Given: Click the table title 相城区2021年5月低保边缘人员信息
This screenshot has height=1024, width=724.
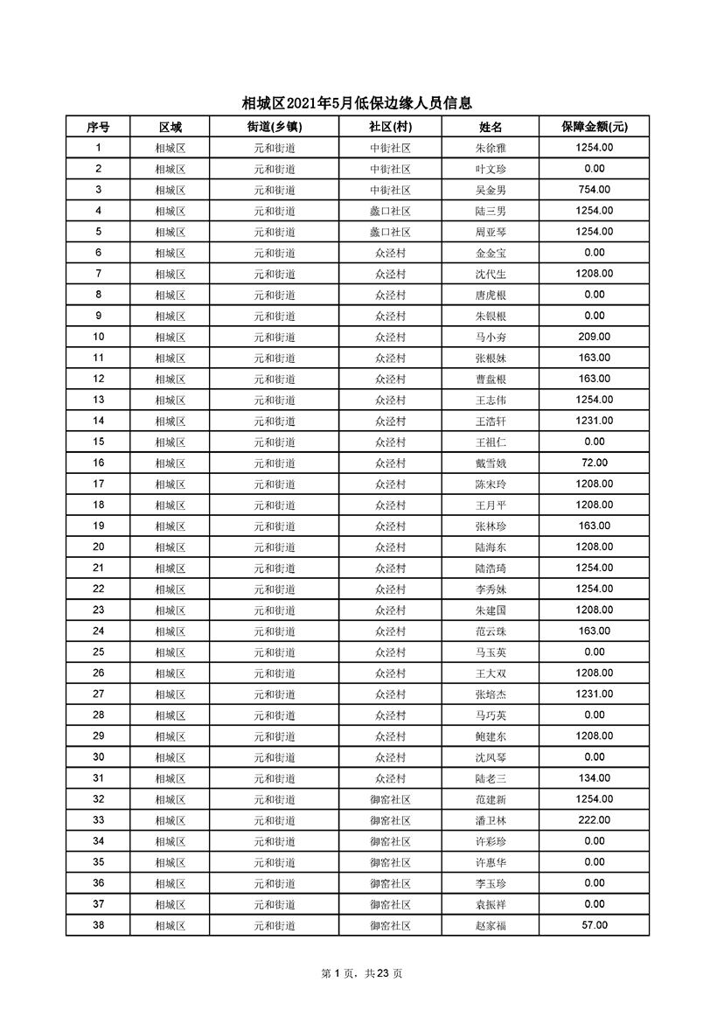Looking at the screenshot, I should pos(362,103).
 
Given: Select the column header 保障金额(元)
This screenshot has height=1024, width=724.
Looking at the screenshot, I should pos(594,127).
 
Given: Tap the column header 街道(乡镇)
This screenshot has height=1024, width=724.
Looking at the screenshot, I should pos(275,127).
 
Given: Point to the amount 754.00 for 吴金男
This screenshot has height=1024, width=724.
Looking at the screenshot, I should pos(594,190).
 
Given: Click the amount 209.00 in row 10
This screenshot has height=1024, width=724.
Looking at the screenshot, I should pos(594,337).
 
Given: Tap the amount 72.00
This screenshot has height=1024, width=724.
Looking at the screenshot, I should pos(594,463).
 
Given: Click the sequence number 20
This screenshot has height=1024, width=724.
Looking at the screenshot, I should pos(98,547).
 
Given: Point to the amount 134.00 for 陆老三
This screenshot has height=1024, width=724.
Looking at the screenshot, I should pos(594,777).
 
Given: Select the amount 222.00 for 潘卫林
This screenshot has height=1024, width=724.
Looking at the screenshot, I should pos(594,819).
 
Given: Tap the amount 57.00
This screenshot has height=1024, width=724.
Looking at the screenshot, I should pos(594,924).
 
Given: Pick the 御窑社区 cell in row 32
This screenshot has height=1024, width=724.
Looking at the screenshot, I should pos(390,799).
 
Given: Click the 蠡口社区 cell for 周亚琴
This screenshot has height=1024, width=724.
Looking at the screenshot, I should pos(390,233).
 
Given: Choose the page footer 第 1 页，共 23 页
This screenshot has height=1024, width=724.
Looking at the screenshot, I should pos(362,973).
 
